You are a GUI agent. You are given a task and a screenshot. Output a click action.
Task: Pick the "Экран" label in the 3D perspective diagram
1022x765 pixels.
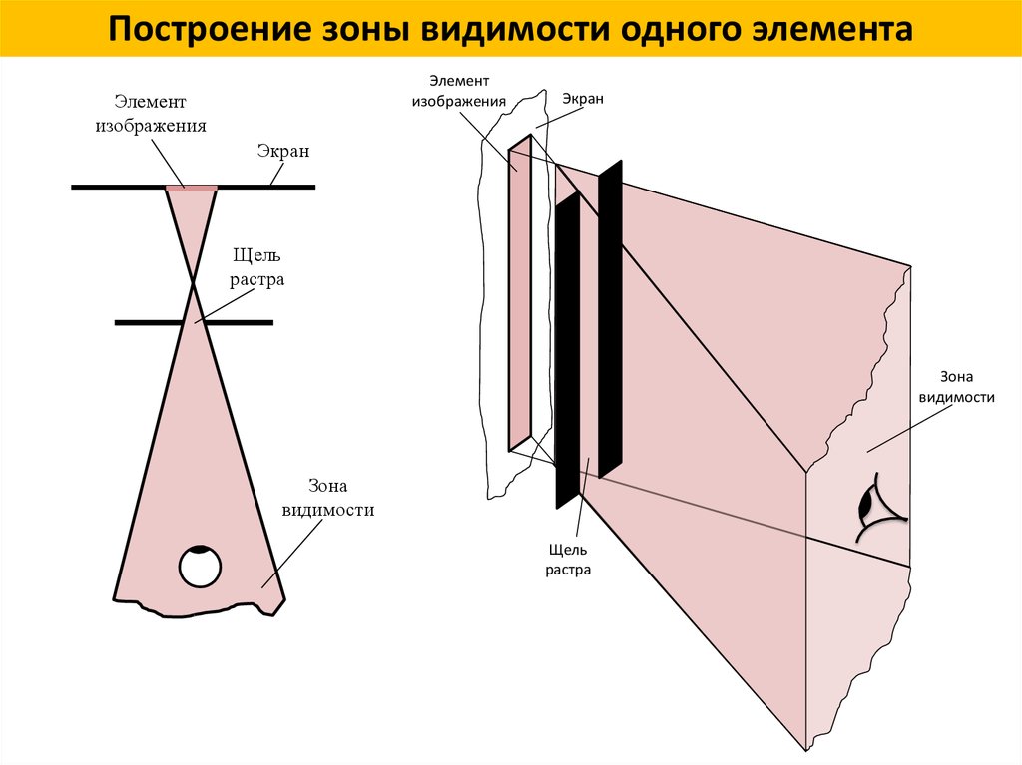pos(583,99)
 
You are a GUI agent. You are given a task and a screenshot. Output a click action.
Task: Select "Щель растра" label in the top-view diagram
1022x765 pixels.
pos(257,268)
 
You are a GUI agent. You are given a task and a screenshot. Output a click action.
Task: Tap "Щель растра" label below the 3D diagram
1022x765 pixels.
pos(569,560)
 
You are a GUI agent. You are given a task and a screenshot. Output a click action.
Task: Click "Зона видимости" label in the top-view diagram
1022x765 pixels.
pos(327,498)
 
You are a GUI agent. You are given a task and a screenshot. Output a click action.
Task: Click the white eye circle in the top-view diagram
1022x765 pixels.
pos(200,568)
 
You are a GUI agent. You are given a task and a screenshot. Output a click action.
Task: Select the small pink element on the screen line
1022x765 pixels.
pos(191,187)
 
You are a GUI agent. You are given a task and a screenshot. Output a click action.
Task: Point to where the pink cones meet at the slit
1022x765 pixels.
pos(194,286)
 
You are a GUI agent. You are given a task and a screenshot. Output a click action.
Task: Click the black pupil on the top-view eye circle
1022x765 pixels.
pos(201,549)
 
